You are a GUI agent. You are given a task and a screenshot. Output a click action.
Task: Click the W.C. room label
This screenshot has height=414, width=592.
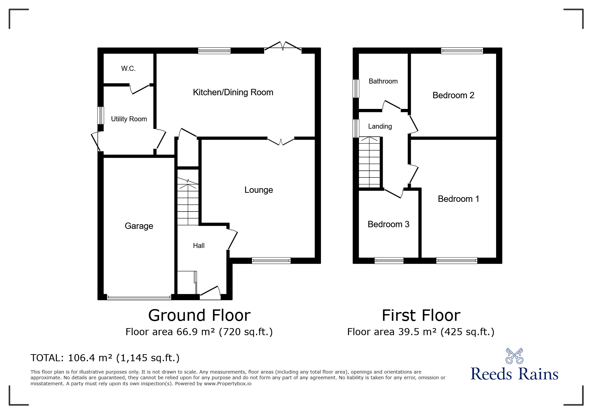click(x=128, y=68)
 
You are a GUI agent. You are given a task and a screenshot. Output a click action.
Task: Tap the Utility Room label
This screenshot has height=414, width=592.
click(x=129, y=119)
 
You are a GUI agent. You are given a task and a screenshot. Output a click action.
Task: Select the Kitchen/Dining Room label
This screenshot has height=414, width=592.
click(x=233, y=92)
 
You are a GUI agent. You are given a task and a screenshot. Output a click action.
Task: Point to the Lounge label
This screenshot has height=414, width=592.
click(x=259, y=190)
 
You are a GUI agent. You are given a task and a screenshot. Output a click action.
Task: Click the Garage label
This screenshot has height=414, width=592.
click(x=139, y=226)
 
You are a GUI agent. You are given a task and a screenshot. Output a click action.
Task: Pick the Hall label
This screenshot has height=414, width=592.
click(x=199, y=246)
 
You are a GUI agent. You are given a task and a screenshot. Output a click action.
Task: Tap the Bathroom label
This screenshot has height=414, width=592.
click(x=383, y=81)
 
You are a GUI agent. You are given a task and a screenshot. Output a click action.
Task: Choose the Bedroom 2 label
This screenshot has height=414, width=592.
click(x=453, y=95)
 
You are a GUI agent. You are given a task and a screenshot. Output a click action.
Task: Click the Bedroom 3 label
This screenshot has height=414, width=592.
click(x=388, y=224)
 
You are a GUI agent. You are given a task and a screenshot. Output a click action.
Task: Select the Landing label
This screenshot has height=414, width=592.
click(x=380, y=126)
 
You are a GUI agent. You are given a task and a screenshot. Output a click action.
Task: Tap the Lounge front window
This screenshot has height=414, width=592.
click(x=271, y=261)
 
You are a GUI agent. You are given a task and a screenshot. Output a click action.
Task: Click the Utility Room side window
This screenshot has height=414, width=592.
click(x=101, y=115)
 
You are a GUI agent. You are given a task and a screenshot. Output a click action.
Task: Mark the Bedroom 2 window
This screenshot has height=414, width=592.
click(x=462, y=51)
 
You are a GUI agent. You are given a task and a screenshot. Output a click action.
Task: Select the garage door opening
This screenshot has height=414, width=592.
click(x=139, y=297)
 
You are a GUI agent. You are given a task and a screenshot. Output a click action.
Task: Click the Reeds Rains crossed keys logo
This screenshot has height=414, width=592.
click(x=514, y=356)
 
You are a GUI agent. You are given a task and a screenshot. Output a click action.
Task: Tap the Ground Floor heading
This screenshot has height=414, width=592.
click(x=199, y=315)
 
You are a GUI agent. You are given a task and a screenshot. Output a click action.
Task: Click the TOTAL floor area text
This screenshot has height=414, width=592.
click(x=105, y=358)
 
